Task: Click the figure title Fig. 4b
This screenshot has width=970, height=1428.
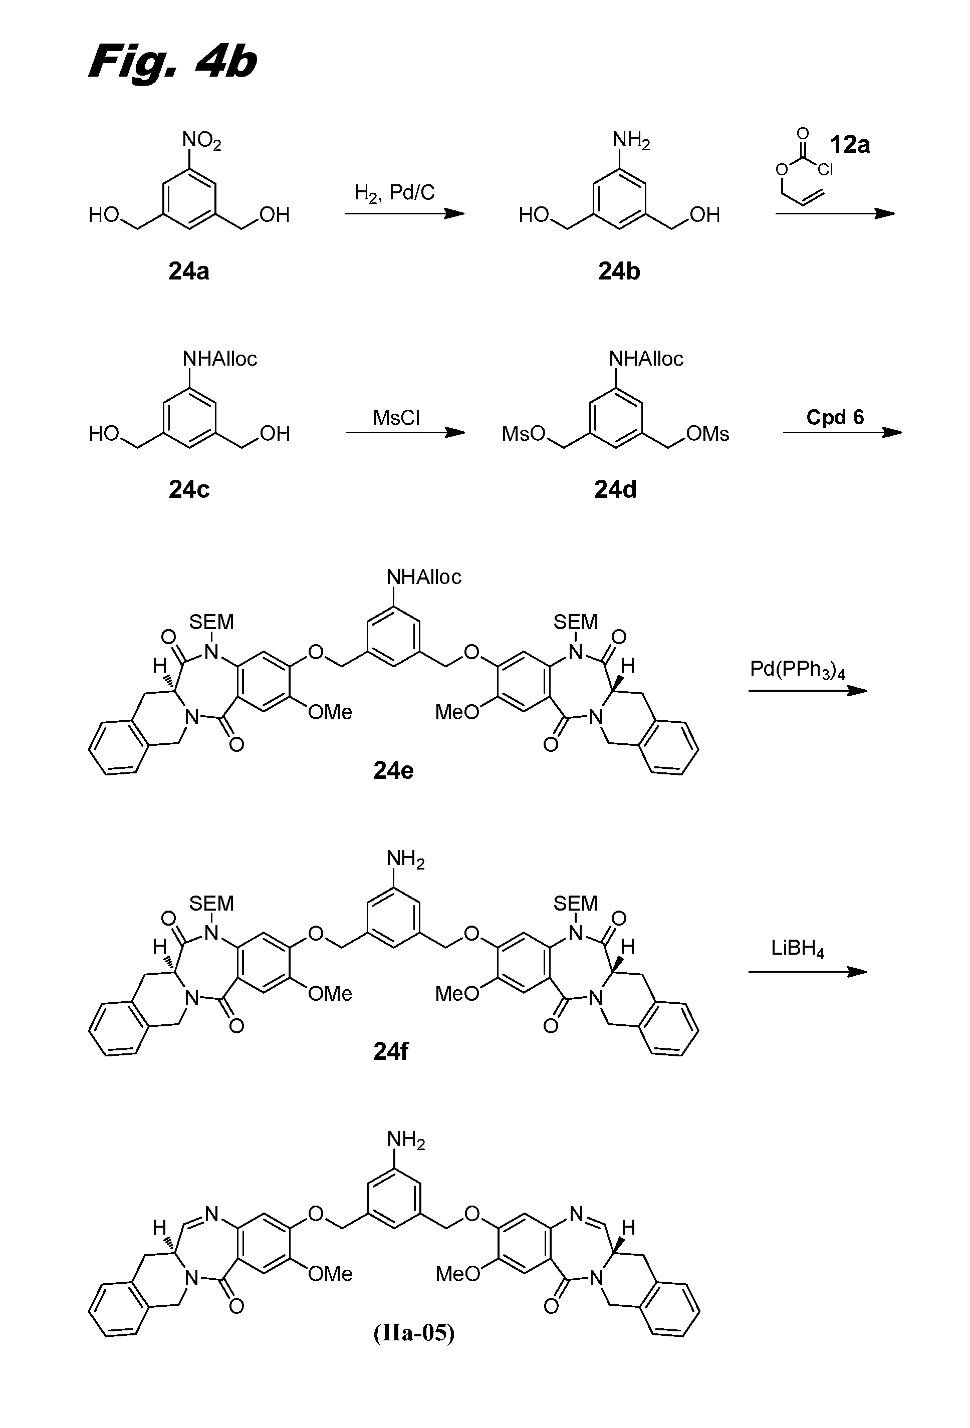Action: point(172,62)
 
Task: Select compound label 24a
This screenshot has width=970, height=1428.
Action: point(189,271)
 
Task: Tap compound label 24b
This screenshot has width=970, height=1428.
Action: point(619,271)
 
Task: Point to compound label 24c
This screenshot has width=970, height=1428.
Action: point(189,489)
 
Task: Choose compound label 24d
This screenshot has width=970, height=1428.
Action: point(615,489)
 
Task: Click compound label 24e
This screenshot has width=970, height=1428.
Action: point(393,770)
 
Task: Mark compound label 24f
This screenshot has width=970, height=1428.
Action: point(391,1051)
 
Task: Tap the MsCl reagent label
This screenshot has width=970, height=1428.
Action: point(396,418)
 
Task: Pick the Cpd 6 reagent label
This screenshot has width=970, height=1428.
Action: point(835,417)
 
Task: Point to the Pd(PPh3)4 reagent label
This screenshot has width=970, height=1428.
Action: point(797,669)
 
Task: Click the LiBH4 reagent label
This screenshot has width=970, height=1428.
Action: point(797,949)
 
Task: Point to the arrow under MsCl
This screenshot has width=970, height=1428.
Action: point(405,433)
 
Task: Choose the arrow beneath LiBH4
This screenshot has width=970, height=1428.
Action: point(807,972)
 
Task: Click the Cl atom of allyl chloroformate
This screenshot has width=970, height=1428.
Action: point(825,170)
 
